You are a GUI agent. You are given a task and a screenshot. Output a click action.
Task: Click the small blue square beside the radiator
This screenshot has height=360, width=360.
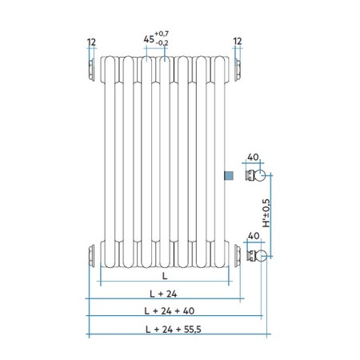coord(229,176)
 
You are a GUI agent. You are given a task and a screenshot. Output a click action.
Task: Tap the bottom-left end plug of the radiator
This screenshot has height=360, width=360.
coord(91,256)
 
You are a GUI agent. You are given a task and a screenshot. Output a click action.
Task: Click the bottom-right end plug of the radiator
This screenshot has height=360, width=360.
coord(238,256)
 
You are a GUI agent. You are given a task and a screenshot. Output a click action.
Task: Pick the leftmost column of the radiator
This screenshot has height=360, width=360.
coord(110,160)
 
